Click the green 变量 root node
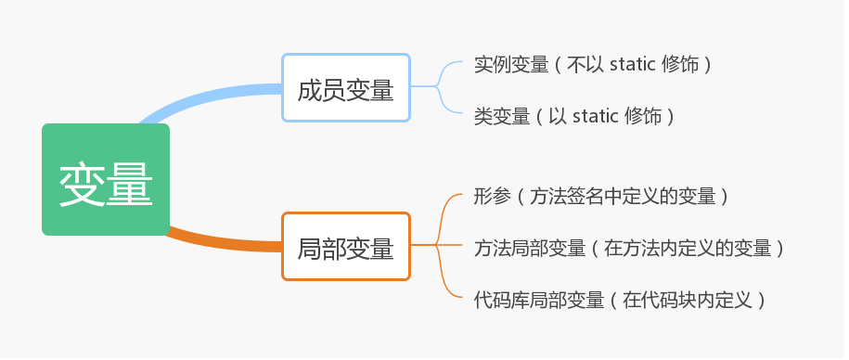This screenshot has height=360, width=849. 106,179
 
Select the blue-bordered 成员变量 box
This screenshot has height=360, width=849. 345,87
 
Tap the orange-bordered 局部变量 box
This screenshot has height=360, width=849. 345,246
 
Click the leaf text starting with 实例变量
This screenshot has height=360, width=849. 592,65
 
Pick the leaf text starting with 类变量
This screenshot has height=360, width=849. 573,116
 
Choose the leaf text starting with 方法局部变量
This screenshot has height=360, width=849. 629,248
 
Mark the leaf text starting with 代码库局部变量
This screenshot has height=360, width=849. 620,300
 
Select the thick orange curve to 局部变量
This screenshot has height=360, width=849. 223,240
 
